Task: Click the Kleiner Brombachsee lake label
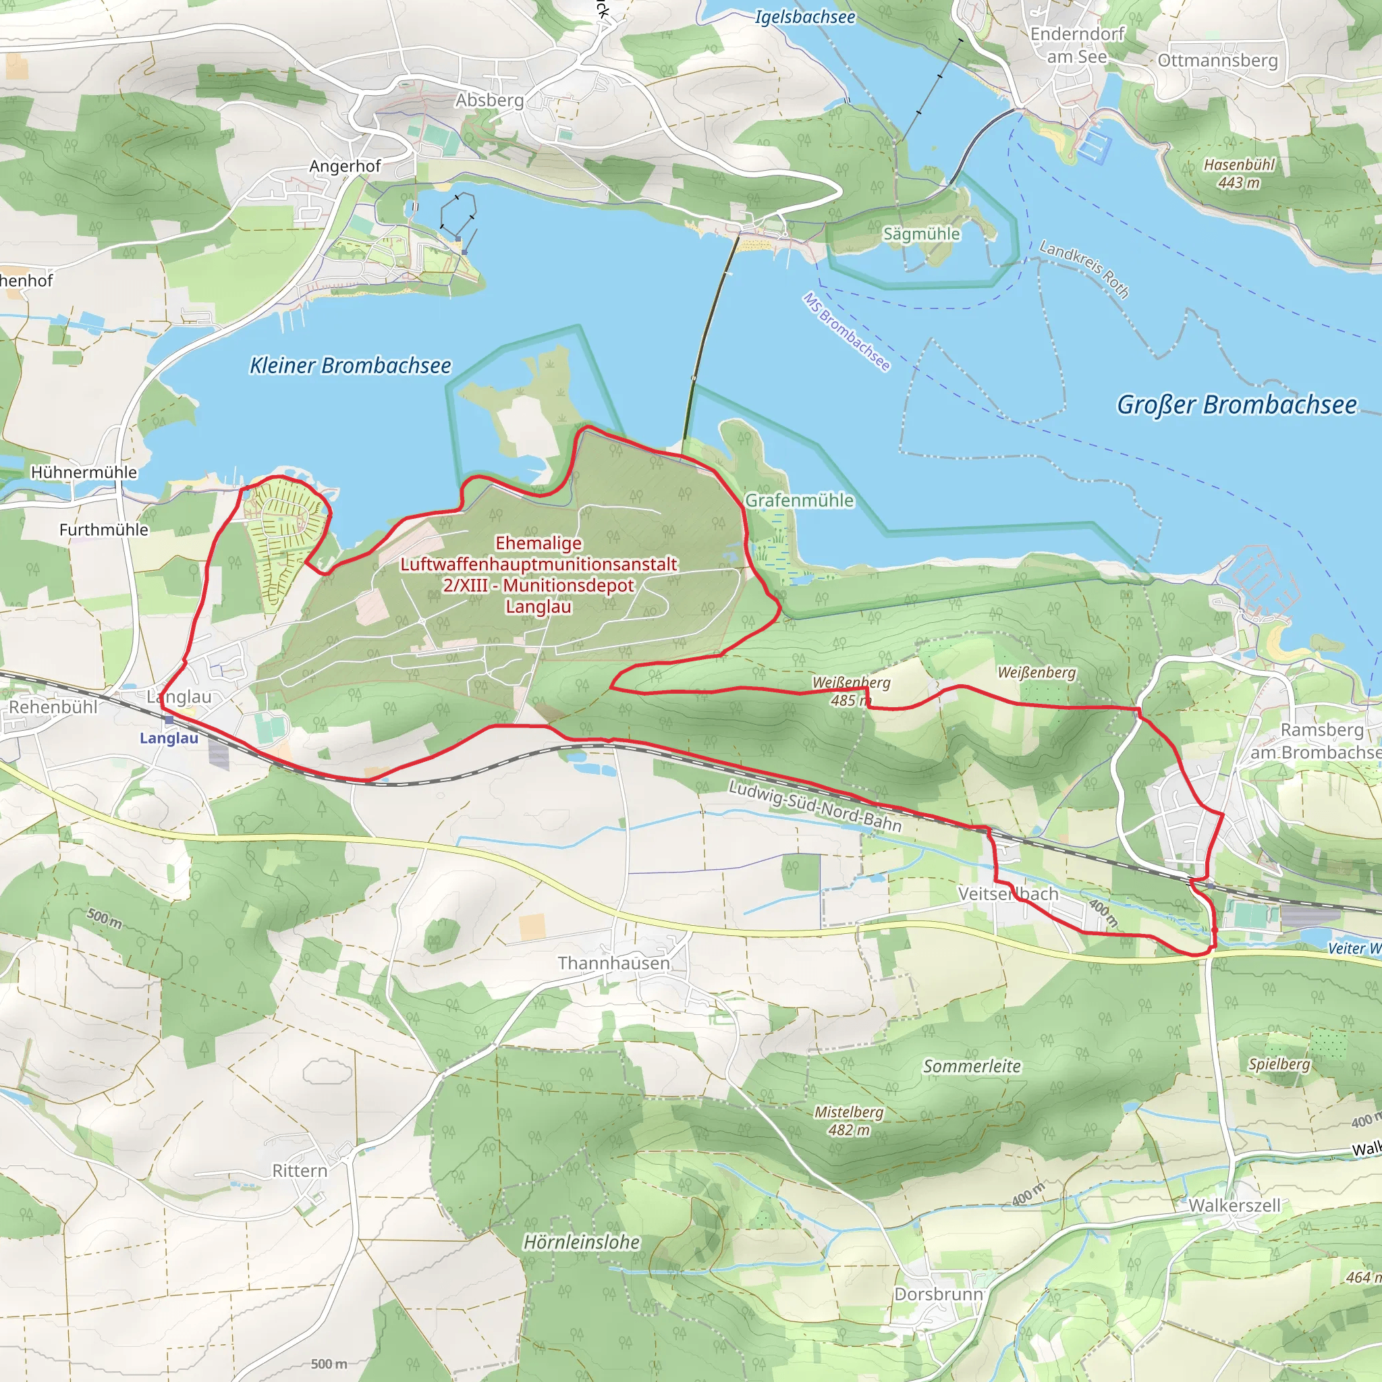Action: [350, 366]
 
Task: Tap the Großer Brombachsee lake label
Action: [1236, 405]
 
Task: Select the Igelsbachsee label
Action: [805, 16]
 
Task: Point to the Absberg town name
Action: [489, 100]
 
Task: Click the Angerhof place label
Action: [345, 166]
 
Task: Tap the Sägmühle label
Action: [921, 234]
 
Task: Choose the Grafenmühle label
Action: [799, 500]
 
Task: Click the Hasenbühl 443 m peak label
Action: [1239, 174]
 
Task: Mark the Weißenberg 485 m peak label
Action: [851, 691]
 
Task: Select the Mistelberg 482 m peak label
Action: [849, 1121]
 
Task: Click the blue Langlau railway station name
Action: [169, 738]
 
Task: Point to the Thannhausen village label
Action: [614, 963]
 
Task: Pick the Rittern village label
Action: [300, 1170]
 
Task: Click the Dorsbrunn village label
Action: [939, 1294]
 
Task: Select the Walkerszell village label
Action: [1234, 1205]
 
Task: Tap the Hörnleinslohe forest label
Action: [582, 1242]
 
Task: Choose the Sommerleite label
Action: [972, 1067]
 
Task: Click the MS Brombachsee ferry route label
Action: [846, 332]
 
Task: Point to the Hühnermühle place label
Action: [84, 472]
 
